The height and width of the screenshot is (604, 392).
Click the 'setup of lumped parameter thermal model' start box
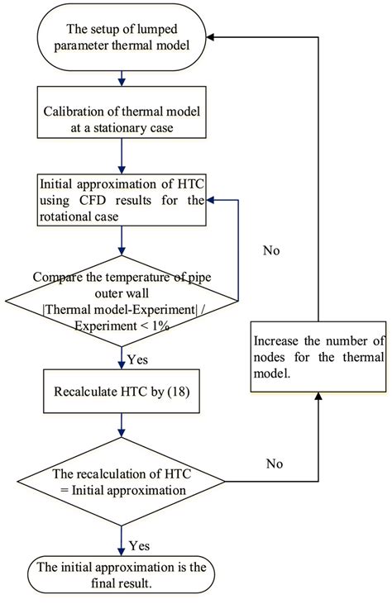122,37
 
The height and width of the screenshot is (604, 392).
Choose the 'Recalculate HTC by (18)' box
122,388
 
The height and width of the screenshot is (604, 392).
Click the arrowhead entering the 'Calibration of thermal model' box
122,85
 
